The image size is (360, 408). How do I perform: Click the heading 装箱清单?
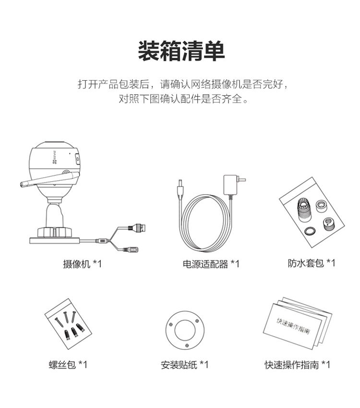click(x=181, y=51)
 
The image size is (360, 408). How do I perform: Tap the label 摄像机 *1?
click(x=82, y=264)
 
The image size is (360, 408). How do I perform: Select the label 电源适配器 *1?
click(x=211, y=264)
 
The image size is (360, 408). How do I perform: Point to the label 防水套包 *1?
click(x=312, y=263)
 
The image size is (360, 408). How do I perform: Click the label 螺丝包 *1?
click(x=68, y=364)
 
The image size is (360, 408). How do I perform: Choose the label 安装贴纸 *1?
click(x=184, y=365)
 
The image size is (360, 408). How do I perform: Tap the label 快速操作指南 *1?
click(x=297, y=365)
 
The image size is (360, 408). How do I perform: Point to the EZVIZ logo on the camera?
click(x=55, y=157)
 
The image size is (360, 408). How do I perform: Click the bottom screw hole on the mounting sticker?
click(x=187, y=346)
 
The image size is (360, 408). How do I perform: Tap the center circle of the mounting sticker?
click(x=185, y=330)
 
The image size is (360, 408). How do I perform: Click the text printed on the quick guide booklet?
click(x=293, y=325)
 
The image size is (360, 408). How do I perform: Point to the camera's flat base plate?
click(x=54, y=240)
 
